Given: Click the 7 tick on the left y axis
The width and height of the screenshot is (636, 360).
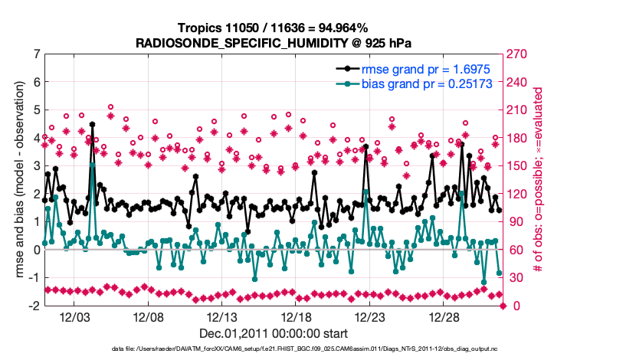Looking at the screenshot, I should click(36, 54).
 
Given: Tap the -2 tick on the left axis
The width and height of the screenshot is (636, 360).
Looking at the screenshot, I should click(34, 306).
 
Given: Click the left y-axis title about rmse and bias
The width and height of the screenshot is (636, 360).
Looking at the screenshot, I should click(17, 180).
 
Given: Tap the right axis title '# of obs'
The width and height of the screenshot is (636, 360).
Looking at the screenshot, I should click(539, 180).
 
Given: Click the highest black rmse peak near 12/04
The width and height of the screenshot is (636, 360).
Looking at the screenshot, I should click(92, 123).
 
